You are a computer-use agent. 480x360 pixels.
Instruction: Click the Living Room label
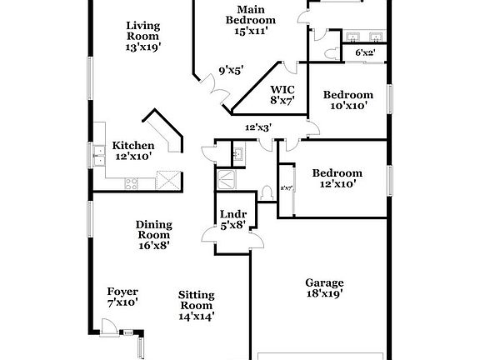pyautogui.click(x=142, y=31)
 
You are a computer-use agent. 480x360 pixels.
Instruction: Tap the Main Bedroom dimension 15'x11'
pyautogui.click(x=251, y=31)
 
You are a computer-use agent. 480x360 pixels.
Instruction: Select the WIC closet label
pyautogui.click(x=282, y=89)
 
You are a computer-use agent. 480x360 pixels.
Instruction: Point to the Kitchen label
pyautogui.click(x=133, y=146)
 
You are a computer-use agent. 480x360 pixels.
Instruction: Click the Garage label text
pyautogui.click(x=324, y=282)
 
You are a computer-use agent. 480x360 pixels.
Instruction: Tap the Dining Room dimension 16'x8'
pyautogui.click(x=154, y=246)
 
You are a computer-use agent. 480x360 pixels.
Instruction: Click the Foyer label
pyautogui.click(x=122, y=292)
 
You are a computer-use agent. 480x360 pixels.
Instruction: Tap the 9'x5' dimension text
pyautogui.click(x=231, y=71)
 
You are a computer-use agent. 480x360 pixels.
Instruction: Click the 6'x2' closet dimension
pyautogui.click(x=365, y=52)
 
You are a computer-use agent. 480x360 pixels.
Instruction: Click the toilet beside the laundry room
pyautogui.click(x=267, y=192)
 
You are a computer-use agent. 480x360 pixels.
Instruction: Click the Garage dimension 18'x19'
pyautogui.click(x=324, y=293)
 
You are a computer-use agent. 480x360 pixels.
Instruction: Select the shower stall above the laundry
pyautogui.click(x=226, y=177)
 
